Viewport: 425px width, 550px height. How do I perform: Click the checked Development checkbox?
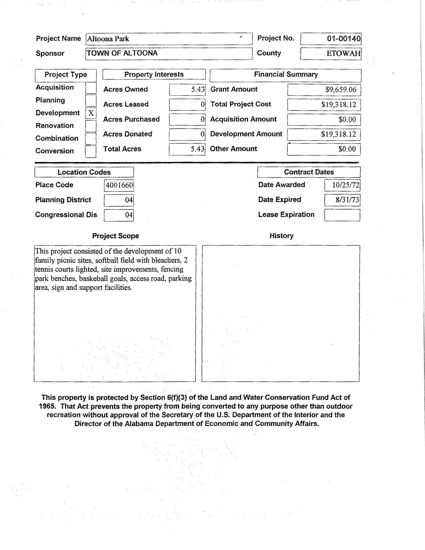pos(91,113)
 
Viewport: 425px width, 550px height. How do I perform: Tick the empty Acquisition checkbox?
pos(91,88)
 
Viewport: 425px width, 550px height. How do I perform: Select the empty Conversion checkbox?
pos(91,151)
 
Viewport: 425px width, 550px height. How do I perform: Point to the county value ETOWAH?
pos(343,53)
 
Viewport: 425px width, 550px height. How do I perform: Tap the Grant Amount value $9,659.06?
pos(341,90)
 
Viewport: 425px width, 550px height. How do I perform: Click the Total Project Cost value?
pos(339,104)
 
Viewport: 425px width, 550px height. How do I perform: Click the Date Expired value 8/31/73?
pos(347,200)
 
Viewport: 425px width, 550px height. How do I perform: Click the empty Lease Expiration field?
pos(342,215)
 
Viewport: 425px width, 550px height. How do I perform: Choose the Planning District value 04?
pos(129,200)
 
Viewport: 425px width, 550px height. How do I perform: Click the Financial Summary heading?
pos(286,74)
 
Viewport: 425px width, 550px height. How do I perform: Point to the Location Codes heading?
pos(84,172)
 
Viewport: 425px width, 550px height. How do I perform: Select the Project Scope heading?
pos(115,236)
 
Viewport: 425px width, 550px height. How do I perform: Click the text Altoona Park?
pos(108,39)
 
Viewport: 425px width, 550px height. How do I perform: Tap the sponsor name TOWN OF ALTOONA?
pos(122,53)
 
